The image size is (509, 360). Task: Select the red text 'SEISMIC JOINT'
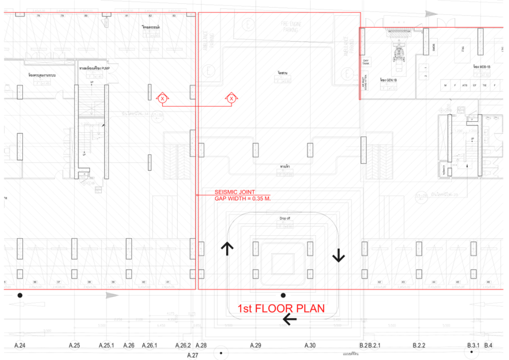coord(234,192)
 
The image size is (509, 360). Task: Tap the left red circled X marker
coord(162,99)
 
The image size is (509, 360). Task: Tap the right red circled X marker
coord(232,99)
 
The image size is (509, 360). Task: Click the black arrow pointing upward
coord(228,249)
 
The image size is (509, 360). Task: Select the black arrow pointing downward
coord(339,255)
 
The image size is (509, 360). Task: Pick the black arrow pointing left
coord(289,320)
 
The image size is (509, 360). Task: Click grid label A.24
coord(20,345)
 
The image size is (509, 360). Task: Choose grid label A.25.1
coord(107,345)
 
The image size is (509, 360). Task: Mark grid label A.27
coord(192,355)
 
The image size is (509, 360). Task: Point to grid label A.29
coord(255,345)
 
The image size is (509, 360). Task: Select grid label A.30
coord(310,345)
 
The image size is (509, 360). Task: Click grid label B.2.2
coord(419,345)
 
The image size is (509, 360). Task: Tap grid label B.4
coord(489,345)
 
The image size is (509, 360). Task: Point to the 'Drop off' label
coord(284,218)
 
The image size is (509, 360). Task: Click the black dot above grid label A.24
coord(20,295)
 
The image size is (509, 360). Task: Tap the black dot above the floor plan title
coord(283,295)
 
